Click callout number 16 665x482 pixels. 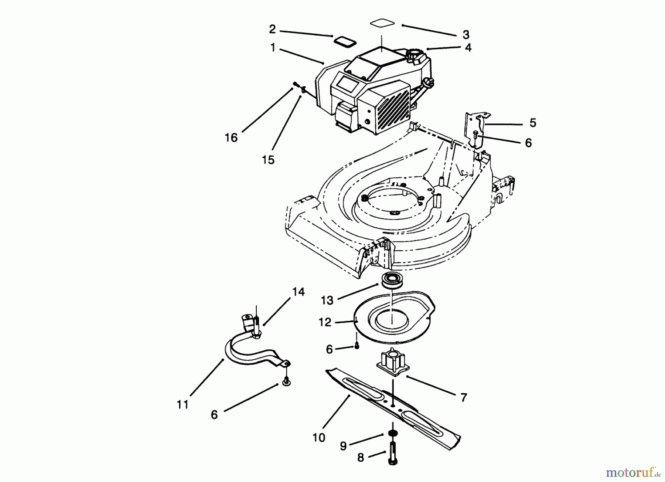(x=231, y=138)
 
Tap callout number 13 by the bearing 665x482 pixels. (x=327, y=301)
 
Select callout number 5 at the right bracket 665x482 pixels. (x=532, y=123)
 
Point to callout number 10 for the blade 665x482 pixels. (x=318, y=438)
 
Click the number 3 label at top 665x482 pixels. (x=466, y=35)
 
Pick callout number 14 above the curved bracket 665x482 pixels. (x=299, y=292)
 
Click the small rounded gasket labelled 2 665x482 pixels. (x=345, y=41)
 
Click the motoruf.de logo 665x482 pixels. (x=632, y=472)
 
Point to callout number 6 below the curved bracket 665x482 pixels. (x=214, y=415)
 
